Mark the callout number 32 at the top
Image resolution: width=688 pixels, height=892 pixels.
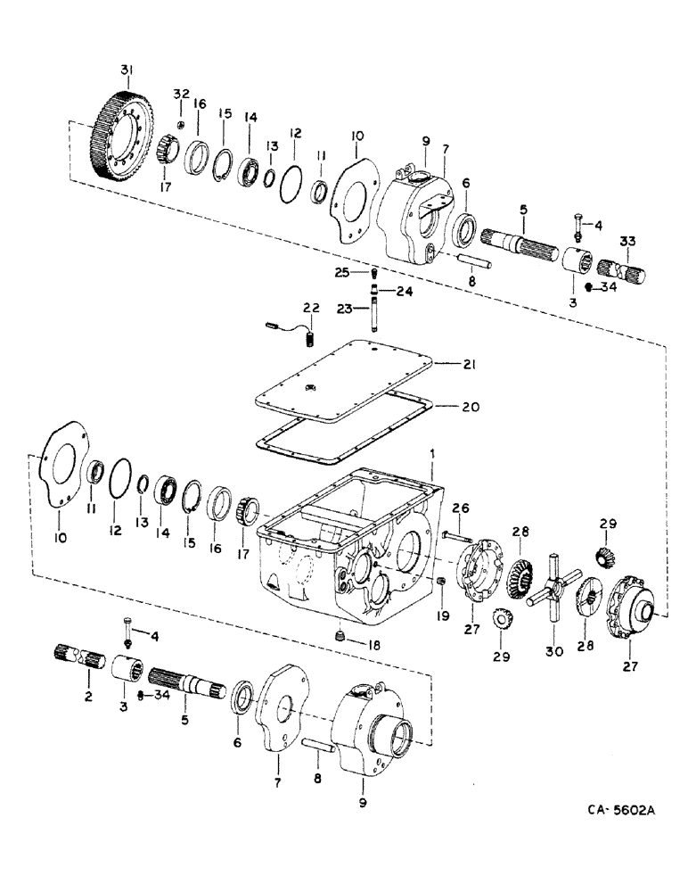tap(181, 94)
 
